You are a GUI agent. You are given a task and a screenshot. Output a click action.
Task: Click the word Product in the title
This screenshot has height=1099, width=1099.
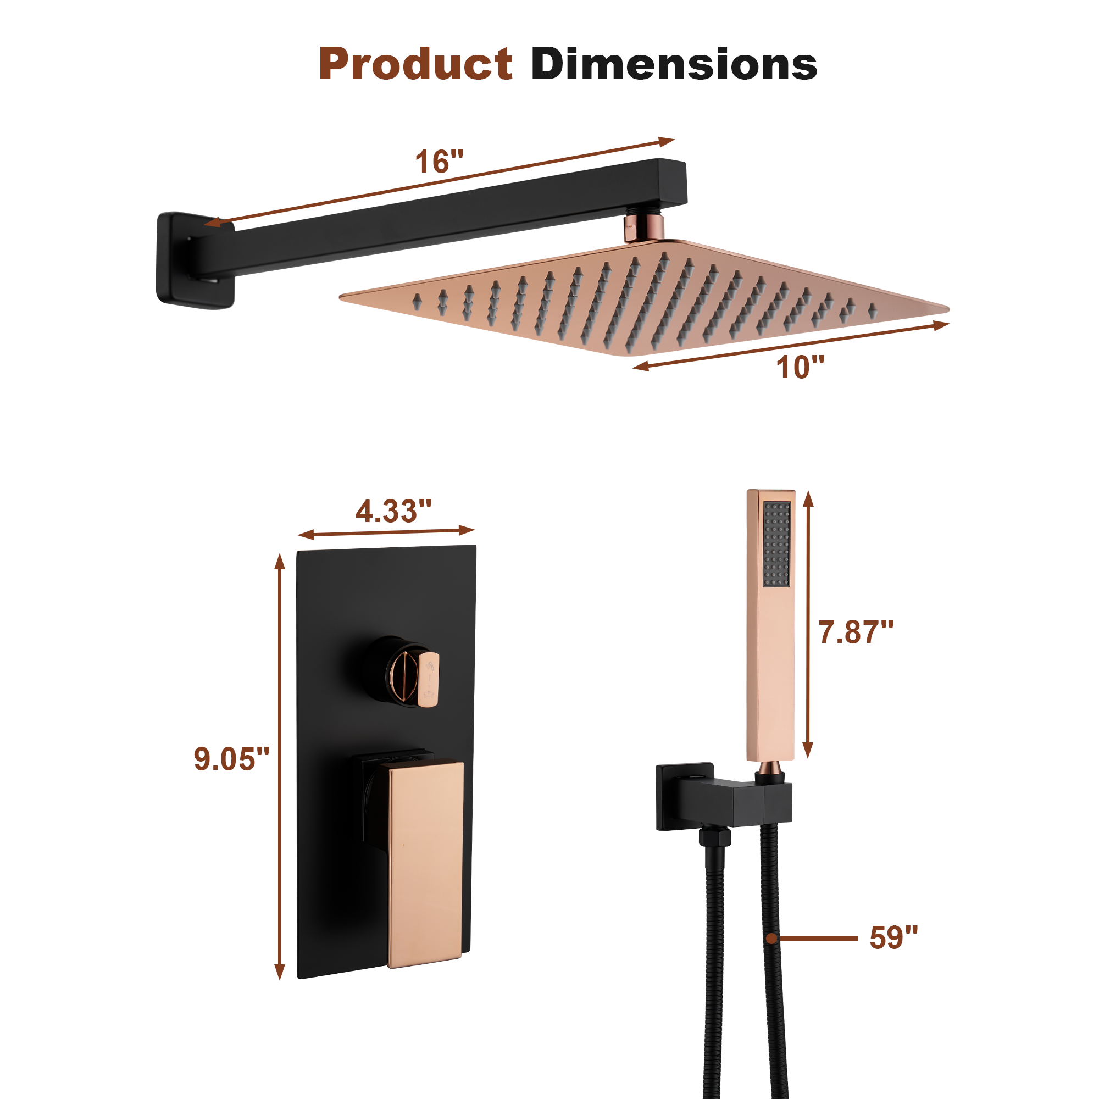click(415, 64)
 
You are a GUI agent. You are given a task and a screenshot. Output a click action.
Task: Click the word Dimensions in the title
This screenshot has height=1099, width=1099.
click(674, 64)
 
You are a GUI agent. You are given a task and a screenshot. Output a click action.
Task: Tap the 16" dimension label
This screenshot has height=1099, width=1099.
click(439, 162)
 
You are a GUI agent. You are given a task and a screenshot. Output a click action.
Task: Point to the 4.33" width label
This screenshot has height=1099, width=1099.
click(393, 511)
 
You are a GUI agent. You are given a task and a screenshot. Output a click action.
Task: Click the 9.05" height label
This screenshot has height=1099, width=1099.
click(231, 759)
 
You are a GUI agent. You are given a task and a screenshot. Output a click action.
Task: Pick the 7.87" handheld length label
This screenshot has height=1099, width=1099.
click(856, 632)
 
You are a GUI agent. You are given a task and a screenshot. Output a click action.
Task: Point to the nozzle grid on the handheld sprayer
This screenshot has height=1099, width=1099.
click(776, 543)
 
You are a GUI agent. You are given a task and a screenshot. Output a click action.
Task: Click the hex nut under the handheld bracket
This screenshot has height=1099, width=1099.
click(714, 839)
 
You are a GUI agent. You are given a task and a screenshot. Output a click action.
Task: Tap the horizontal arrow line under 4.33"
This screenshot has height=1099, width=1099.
click(386, 532)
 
